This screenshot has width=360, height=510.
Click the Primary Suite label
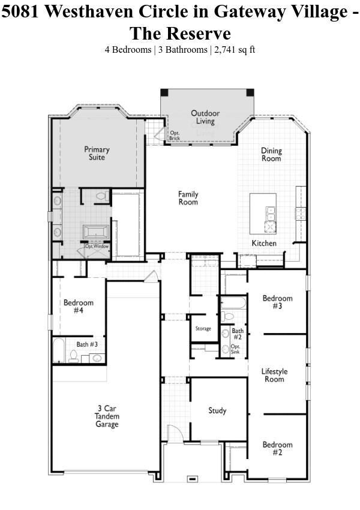click(x=97, y=153)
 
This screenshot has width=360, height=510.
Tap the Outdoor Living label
click(x=205, y=117)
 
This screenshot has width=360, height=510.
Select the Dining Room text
click(x=271, y=154)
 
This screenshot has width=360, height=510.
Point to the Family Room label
click(x=188, y=198)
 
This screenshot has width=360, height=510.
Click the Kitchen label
click(x=264, y=243)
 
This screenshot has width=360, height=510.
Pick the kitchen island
click(x=263, y=214)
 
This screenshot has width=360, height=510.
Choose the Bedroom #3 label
click(x=277, y=302)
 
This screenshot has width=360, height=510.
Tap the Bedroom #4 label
click(x=79, y=307)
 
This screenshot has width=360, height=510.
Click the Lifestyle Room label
click(x=274, y=375)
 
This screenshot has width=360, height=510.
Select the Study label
click(x=217, y=410)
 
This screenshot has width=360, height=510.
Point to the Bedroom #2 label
click(x=277, y=448)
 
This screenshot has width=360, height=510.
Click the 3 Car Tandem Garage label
click(x=107, y=416)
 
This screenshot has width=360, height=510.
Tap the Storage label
click(x=203, y=329)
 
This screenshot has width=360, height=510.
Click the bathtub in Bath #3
click(x=59, y=350)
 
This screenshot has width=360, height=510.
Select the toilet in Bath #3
click(x=73, y=356)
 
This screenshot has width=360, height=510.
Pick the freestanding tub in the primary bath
click(x=96, y=232)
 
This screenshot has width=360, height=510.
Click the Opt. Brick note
click(x=175, y=136)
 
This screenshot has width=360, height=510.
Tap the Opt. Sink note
click(x=235, y=349)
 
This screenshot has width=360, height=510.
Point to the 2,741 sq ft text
click(x=235, y=50)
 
